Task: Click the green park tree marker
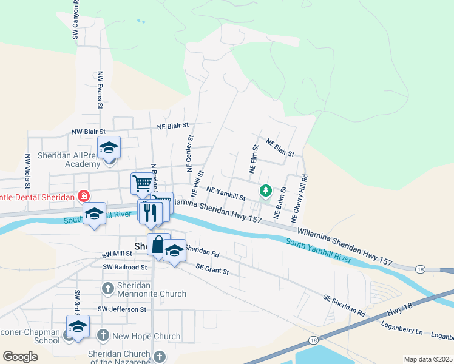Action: tap(265, 191)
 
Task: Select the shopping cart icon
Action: tap(141, 182)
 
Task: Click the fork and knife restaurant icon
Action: tap(151, 212)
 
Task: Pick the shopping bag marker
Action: tap(158, 245)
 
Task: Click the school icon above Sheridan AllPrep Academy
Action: tap(109, 147)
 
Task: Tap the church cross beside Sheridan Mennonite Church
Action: tap(107, 288)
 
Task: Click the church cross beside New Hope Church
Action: tap(103, 335)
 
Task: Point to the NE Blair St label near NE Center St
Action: tap(173, 126)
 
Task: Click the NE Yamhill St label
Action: tap(225, 194)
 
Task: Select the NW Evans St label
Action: tap(100, 90)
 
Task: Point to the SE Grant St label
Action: tap(212, 269)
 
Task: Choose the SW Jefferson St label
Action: tap(125, 309)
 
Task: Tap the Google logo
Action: tap(20, 357)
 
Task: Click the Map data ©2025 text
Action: tap(427, 359)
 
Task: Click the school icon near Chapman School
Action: tap(77, 326)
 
